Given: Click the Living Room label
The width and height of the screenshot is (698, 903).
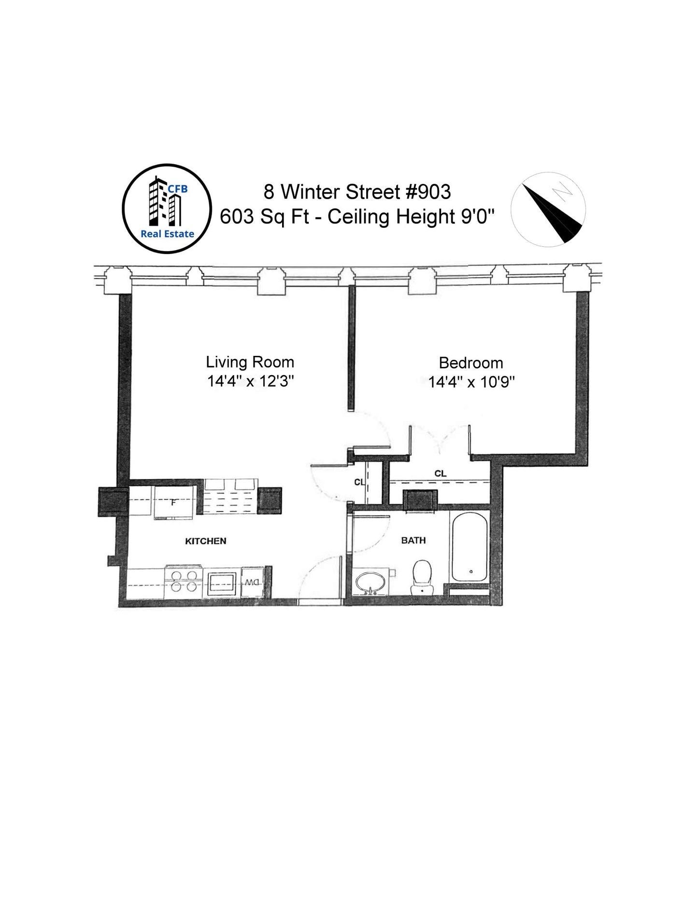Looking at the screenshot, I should point(250,362).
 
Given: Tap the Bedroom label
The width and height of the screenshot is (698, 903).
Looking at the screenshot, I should point(471,363).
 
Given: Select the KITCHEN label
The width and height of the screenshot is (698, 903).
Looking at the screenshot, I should point(206,541).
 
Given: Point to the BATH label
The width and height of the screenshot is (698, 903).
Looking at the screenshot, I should point(413,540).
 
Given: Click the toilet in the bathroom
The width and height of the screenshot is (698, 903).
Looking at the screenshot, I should point(422,576).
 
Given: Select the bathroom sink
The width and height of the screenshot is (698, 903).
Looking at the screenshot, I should point(370,583).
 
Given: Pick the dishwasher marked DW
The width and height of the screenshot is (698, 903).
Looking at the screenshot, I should point(252,582).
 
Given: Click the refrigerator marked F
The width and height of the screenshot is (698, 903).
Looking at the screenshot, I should point(173,503).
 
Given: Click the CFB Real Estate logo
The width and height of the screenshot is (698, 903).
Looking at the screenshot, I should point(167,209).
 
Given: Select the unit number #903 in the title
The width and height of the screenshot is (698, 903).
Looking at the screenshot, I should point(428,192).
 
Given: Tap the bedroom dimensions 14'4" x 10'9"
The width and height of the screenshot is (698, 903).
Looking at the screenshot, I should point(471,382).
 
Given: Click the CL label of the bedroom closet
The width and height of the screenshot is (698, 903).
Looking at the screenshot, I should point(440,473).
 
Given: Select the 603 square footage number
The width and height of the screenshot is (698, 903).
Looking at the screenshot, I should point(237,216).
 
